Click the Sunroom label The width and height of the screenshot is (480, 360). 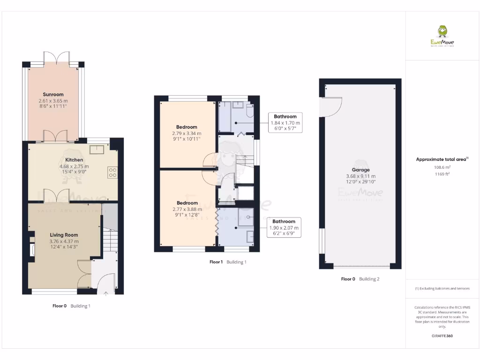(53, 94)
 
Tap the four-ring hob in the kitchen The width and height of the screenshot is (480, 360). (112, 172)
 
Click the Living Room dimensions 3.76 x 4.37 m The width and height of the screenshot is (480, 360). (64, 241)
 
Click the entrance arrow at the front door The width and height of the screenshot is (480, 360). (105, 293)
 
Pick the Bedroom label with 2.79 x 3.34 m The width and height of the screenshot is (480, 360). (187, 127)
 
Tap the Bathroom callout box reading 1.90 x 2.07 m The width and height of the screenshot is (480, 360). (284, 228)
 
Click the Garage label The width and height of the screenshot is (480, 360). (360, 170)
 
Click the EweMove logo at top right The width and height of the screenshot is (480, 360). (442, 37)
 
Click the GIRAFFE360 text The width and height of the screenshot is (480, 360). (442, 336)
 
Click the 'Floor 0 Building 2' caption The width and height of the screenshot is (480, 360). (360, 279)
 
